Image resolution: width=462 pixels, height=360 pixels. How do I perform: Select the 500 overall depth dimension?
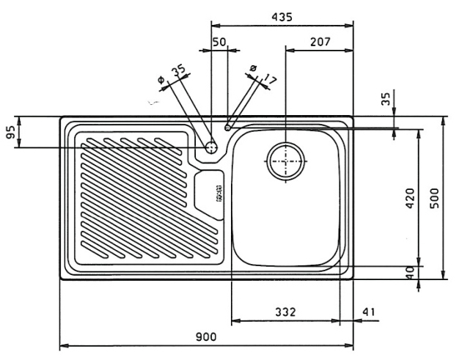tap(433, 197)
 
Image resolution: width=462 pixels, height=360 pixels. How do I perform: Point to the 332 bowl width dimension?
tap(286, 312)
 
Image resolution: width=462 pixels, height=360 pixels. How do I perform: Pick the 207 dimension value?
tap(318, 43)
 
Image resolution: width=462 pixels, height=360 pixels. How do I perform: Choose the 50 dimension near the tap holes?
tap(219, 43)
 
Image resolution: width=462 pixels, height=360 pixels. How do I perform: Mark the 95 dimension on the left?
tap(11, 133)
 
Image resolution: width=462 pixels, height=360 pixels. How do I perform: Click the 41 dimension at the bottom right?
tap(369, 312)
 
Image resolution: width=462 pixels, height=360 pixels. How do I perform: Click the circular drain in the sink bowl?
tap(285, 161)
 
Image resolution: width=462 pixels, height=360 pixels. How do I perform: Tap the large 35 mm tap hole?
tap(212, 147)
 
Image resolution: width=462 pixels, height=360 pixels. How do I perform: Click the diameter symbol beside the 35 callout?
tap(161, 78)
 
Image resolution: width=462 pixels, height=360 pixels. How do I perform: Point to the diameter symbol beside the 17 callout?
tap(254, 69)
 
